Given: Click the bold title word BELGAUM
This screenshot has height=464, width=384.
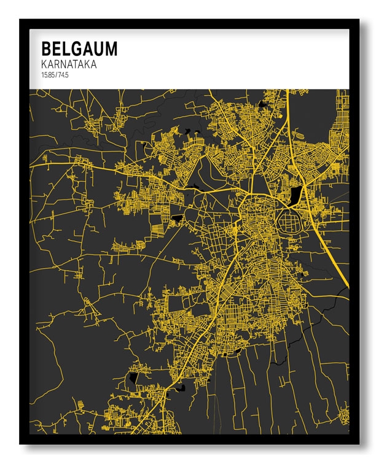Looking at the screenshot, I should click(x=79, y=48).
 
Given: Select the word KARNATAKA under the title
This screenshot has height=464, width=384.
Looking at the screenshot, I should click(x=69, y=64).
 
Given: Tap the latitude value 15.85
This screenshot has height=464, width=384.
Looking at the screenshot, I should click(x=47, y=75).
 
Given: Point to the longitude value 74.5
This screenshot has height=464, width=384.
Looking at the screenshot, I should click(x=62, y=75).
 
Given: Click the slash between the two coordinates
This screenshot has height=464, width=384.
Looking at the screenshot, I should click(x=55, y=75).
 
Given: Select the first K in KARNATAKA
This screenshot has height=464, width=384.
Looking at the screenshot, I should click(x=44, y=64).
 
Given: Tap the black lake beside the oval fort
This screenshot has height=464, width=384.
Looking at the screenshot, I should click(x=296, y=195).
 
